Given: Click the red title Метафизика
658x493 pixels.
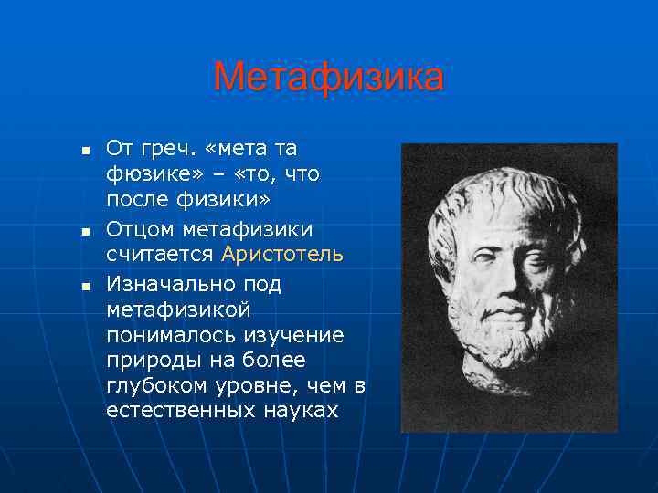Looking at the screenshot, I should [328, 78].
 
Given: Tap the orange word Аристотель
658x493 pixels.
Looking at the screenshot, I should [282, 253].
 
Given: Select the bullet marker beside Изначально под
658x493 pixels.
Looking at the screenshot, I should [84, 287].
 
